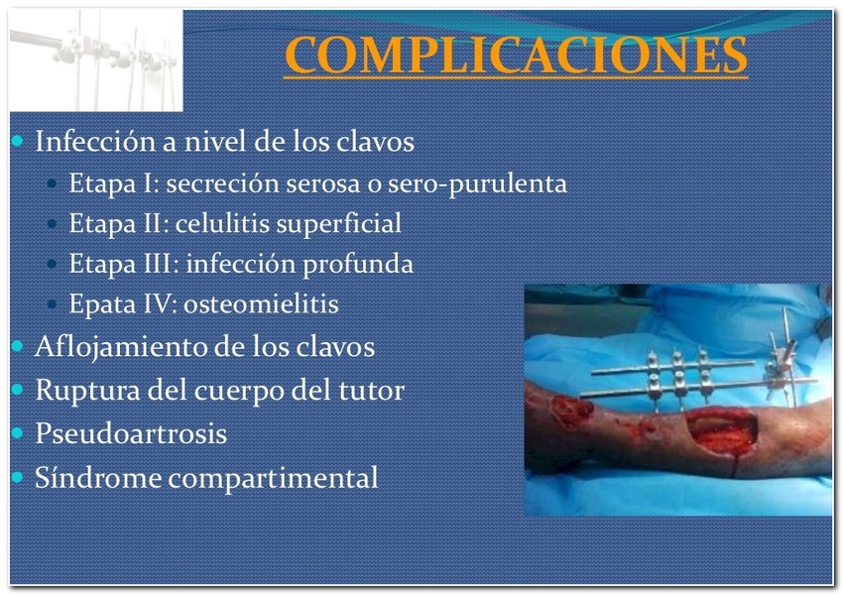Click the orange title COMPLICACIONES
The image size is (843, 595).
[516, 55]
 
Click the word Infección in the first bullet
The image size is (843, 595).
[94, 141]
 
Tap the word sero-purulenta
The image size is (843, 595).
[477, 184]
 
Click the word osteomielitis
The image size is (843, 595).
[261, 303]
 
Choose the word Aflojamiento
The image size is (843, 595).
[121, 348]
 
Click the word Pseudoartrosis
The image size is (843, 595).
[131, 433]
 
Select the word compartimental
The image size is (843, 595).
[273, 478]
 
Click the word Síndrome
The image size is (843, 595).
[98, 477]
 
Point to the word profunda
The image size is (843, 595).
[357, 265]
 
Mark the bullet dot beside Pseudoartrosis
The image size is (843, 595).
[17, 432]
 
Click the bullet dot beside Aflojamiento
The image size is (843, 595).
[17, 346]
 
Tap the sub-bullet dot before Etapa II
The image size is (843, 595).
[52, 223]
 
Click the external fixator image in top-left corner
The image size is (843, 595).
[96, 60]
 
